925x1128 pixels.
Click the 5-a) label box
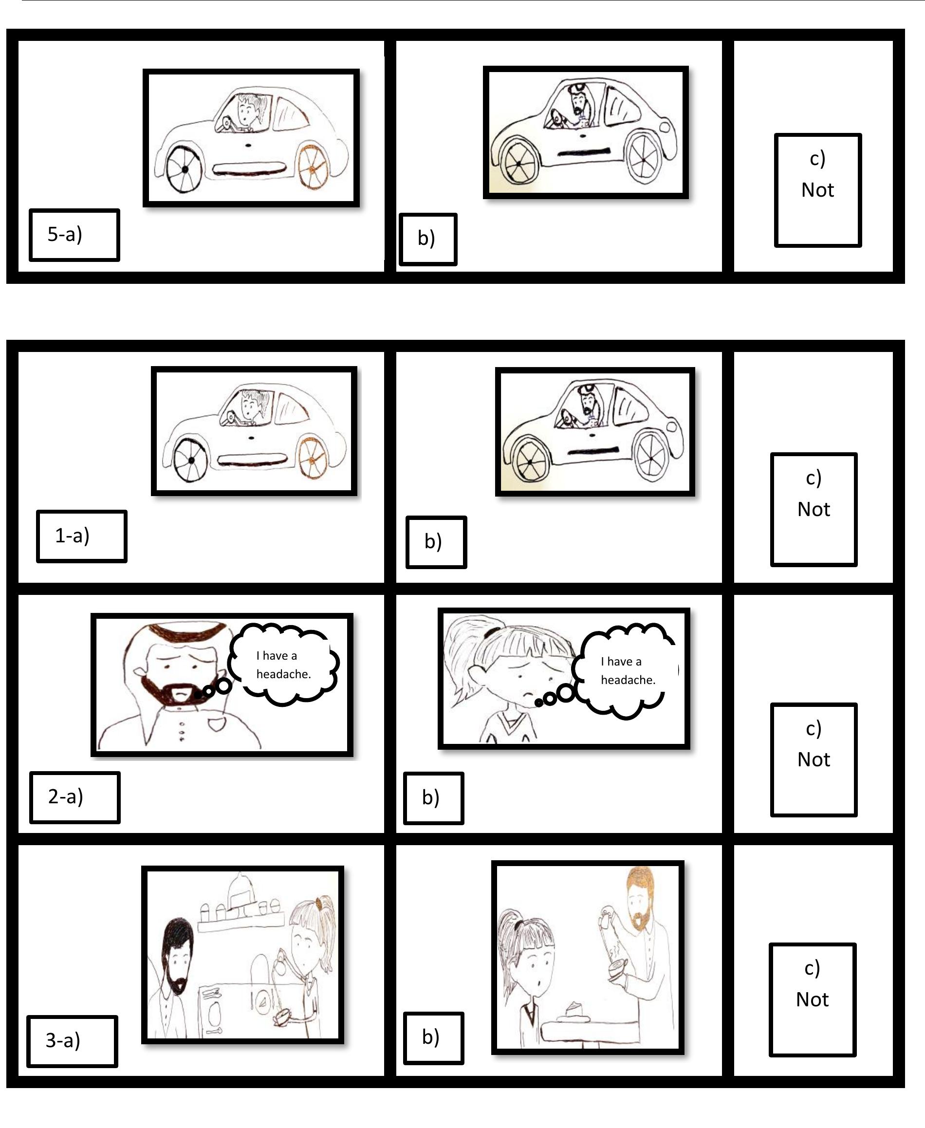[x=74, y=235]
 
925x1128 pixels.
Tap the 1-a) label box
[x=81, y=536]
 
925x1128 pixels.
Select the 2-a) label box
[x=74, y=797]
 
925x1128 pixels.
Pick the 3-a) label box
[x=72, y=1041]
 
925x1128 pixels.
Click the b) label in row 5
[x=428, y=239]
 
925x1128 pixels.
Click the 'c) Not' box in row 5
[x=817, y=190]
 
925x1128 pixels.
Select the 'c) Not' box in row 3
[x=812, y=999]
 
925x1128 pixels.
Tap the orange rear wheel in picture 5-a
[x=313, y=167]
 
